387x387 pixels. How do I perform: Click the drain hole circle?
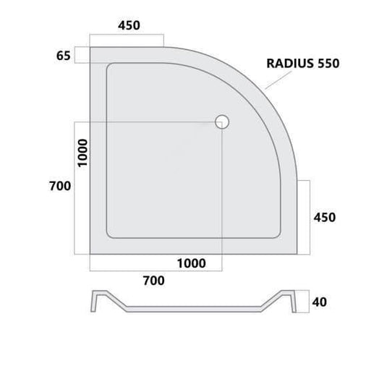coord(222,122)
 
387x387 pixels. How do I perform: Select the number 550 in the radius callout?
coord(328,64)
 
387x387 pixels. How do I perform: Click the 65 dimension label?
coord(64,56)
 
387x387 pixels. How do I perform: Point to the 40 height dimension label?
coord(320,302)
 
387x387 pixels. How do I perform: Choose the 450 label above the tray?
coord(129,25)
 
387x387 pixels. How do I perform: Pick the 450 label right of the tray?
coord(325,218)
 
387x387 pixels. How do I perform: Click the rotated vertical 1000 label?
coord(82,153)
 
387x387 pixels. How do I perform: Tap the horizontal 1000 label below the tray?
coord(192,263)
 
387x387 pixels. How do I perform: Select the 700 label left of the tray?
coord(60,186)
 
